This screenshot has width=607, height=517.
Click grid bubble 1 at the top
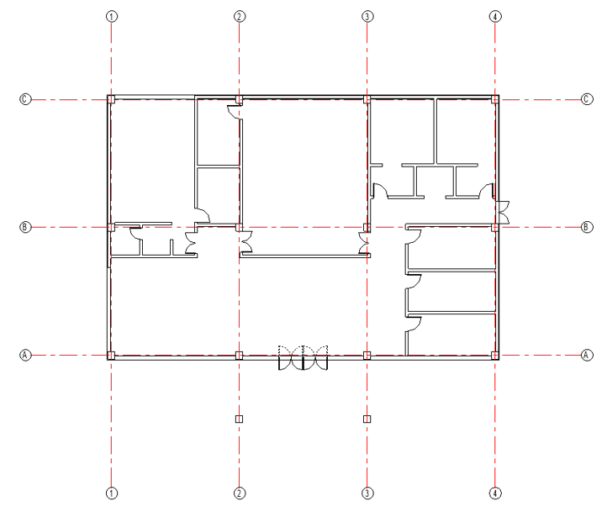tap(112, 17)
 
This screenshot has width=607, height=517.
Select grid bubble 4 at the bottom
tap(495, 493)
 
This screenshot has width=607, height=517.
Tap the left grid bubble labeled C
tap(25, 99)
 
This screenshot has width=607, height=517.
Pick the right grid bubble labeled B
tap(587, 227)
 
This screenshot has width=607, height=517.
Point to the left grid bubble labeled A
tap(25, 355)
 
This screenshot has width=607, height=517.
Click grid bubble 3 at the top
tap(367, 17)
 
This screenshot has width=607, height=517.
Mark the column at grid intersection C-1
tap(112, 99)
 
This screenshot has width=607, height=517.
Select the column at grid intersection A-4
tap(495, 356)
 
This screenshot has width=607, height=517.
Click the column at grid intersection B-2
tap(240, 228)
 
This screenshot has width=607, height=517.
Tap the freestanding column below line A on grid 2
tap(240, 419)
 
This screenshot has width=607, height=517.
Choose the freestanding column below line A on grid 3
tap(367, 419)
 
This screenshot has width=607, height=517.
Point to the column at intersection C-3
tap(367, 99)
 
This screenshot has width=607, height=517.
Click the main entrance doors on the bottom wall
tap(303, 358)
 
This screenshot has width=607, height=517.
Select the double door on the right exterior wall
tap(503, 212)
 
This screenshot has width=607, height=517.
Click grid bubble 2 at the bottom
tap(240, 493)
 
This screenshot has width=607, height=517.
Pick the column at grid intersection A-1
tap(112, 356)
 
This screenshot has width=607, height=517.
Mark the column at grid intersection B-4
tap(495, 228)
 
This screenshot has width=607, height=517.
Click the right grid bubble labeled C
tap(587, 99)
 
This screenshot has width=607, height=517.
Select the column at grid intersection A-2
tap(240, 356)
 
